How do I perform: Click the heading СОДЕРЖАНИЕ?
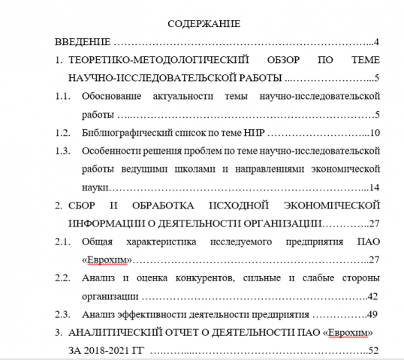click(x=204, y=24)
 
